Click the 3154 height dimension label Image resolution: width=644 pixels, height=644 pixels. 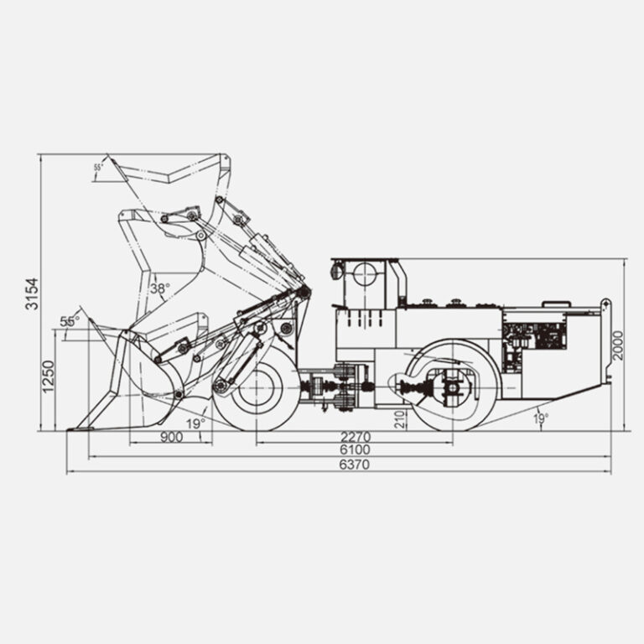[x=32, y=293]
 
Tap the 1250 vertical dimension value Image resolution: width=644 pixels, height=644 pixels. [x=48, y=377]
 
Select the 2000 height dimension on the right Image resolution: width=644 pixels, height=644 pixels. [x=618, y=345]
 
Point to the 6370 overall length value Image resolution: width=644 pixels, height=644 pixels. [x=355, y=465]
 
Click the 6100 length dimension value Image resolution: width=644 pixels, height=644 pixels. [x=355, y=449]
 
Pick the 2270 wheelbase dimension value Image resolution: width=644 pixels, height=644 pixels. [x=356, y=437]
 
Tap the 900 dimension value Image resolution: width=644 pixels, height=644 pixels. [x=171, y=437]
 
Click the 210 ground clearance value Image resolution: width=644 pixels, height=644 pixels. [x=400, y=419]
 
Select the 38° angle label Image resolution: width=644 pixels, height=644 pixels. [x=160, y=288]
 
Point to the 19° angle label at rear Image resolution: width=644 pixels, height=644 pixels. [x=541, y=419]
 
